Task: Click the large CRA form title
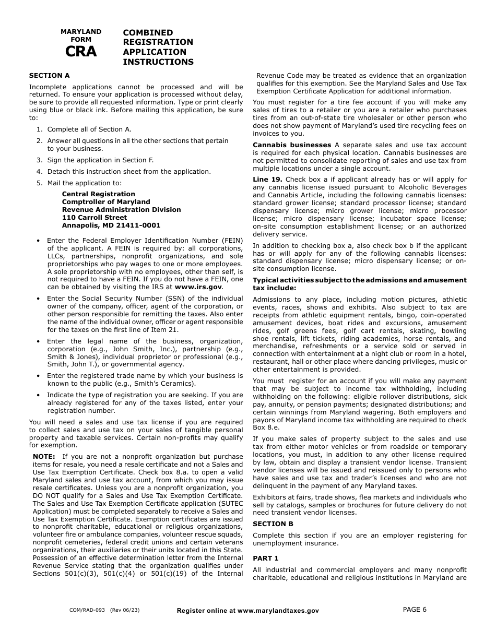(x=81, y=52)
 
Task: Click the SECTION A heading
(x=49, y=76)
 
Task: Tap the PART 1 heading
(x=266, y=558)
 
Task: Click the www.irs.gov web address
(x=198, y=287)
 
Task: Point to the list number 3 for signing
(x=39, y=160)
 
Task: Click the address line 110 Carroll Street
(x=95, y=218)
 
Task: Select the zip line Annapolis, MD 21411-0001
(x=111, y=225)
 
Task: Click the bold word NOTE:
(x=44, y=456)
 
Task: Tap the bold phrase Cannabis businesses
(x=292, y=145)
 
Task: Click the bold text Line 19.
(x=267, y=180)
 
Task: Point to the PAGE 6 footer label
(x=415, y=609)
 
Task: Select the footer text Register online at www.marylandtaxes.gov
(x=247, y=610)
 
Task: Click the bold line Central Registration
(x=98, y=194)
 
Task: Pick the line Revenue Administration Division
(x=121, y=210)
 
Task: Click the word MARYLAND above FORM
(x=81, y=32)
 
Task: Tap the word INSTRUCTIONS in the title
(x=158, y=62)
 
